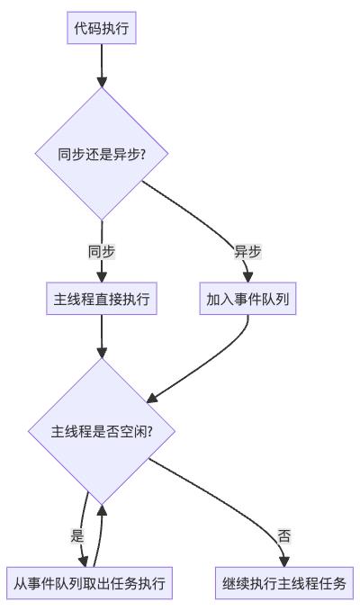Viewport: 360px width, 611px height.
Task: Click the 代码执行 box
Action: (102, 28)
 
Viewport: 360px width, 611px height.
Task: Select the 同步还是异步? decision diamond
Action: (102, 154)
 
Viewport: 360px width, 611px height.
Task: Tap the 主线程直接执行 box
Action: (102, 299)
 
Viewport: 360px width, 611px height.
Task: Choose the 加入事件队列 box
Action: (247, 299)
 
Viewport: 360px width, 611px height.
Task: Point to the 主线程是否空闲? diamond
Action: (102, 431)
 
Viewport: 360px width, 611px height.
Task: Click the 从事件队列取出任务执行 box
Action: (89, 583)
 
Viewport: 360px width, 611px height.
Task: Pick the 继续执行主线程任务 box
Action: (284, 583)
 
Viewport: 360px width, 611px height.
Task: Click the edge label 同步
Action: (102, 252)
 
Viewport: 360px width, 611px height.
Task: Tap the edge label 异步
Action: (247, 252)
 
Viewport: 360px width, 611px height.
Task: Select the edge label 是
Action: (77, 536)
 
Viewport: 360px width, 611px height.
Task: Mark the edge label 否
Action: (284, 536)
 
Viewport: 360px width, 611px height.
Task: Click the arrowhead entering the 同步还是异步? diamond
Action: (102, 82)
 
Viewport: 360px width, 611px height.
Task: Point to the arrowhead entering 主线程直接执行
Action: (102, 277)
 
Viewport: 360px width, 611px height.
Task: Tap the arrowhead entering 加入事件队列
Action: (248, 277)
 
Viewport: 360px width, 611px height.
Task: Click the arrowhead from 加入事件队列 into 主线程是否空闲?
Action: (152, 398)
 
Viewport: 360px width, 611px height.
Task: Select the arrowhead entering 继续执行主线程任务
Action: (284, 562)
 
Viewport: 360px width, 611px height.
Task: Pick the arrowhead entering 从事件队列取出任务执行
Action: (84, 562)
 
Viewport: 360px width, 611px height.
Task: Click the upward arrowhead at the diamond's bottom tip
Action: (102, 510)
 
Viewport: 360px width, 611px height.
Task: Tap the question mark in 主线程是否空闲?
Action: (149, 431)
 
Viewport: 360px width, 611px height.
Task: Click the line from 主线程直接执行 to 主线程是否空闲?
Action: (102, 336)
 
